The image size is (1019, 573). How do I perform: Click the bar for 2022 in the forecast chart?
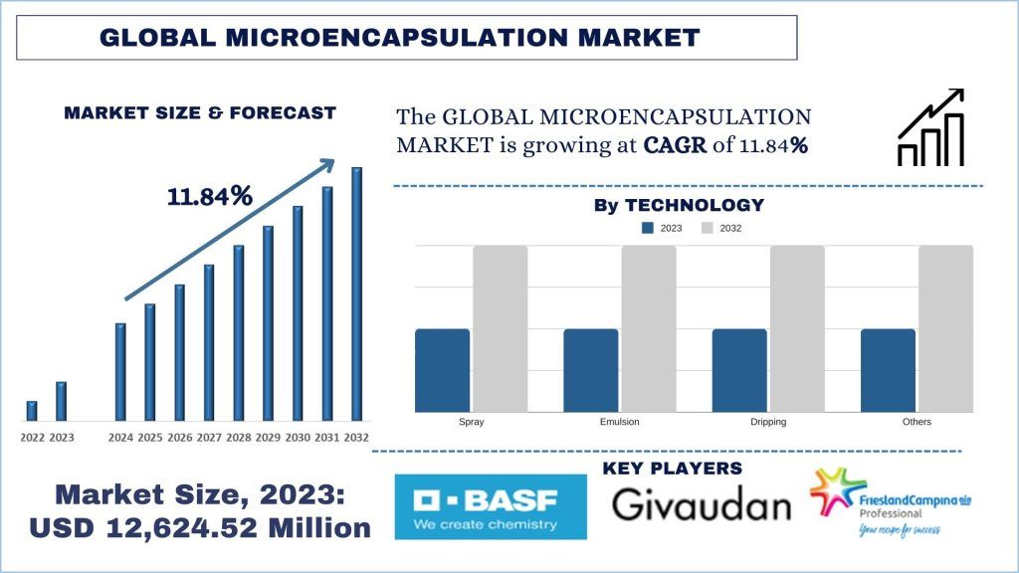(32, 410)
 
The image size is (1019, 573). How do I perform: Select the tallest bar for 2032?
(356, 293)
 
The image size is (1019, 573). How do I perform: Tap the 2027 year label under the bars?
(209, 438)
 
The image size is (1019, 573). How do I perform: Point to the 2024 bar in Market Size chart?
(120, 371)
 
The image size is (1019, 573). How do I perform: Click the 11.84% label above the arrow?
(209, 196)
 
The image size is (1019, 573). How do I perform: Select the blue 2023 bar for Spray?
(442, 370)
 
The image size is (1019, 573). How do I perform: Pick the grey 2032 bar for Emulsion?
(649, 328)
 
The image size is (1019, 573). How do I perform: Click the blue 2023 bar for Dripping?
(739, 370)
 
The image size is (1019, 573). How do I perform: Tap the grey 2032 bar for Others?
(945, 328)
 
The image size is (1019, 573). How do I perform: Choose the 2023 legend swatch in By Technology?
(649, 228)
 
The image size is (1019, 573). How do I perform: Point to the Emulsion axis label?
(620, 422)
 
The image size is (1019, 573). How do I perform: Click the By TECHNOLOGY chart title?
(679, 205)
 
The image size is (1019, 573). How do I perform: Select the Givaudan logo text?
(701, 505)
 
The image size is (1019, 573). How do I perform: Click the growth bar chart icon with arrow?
(930, 127)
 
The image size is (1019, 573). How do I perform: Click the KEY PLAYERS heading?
(672, 468)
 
